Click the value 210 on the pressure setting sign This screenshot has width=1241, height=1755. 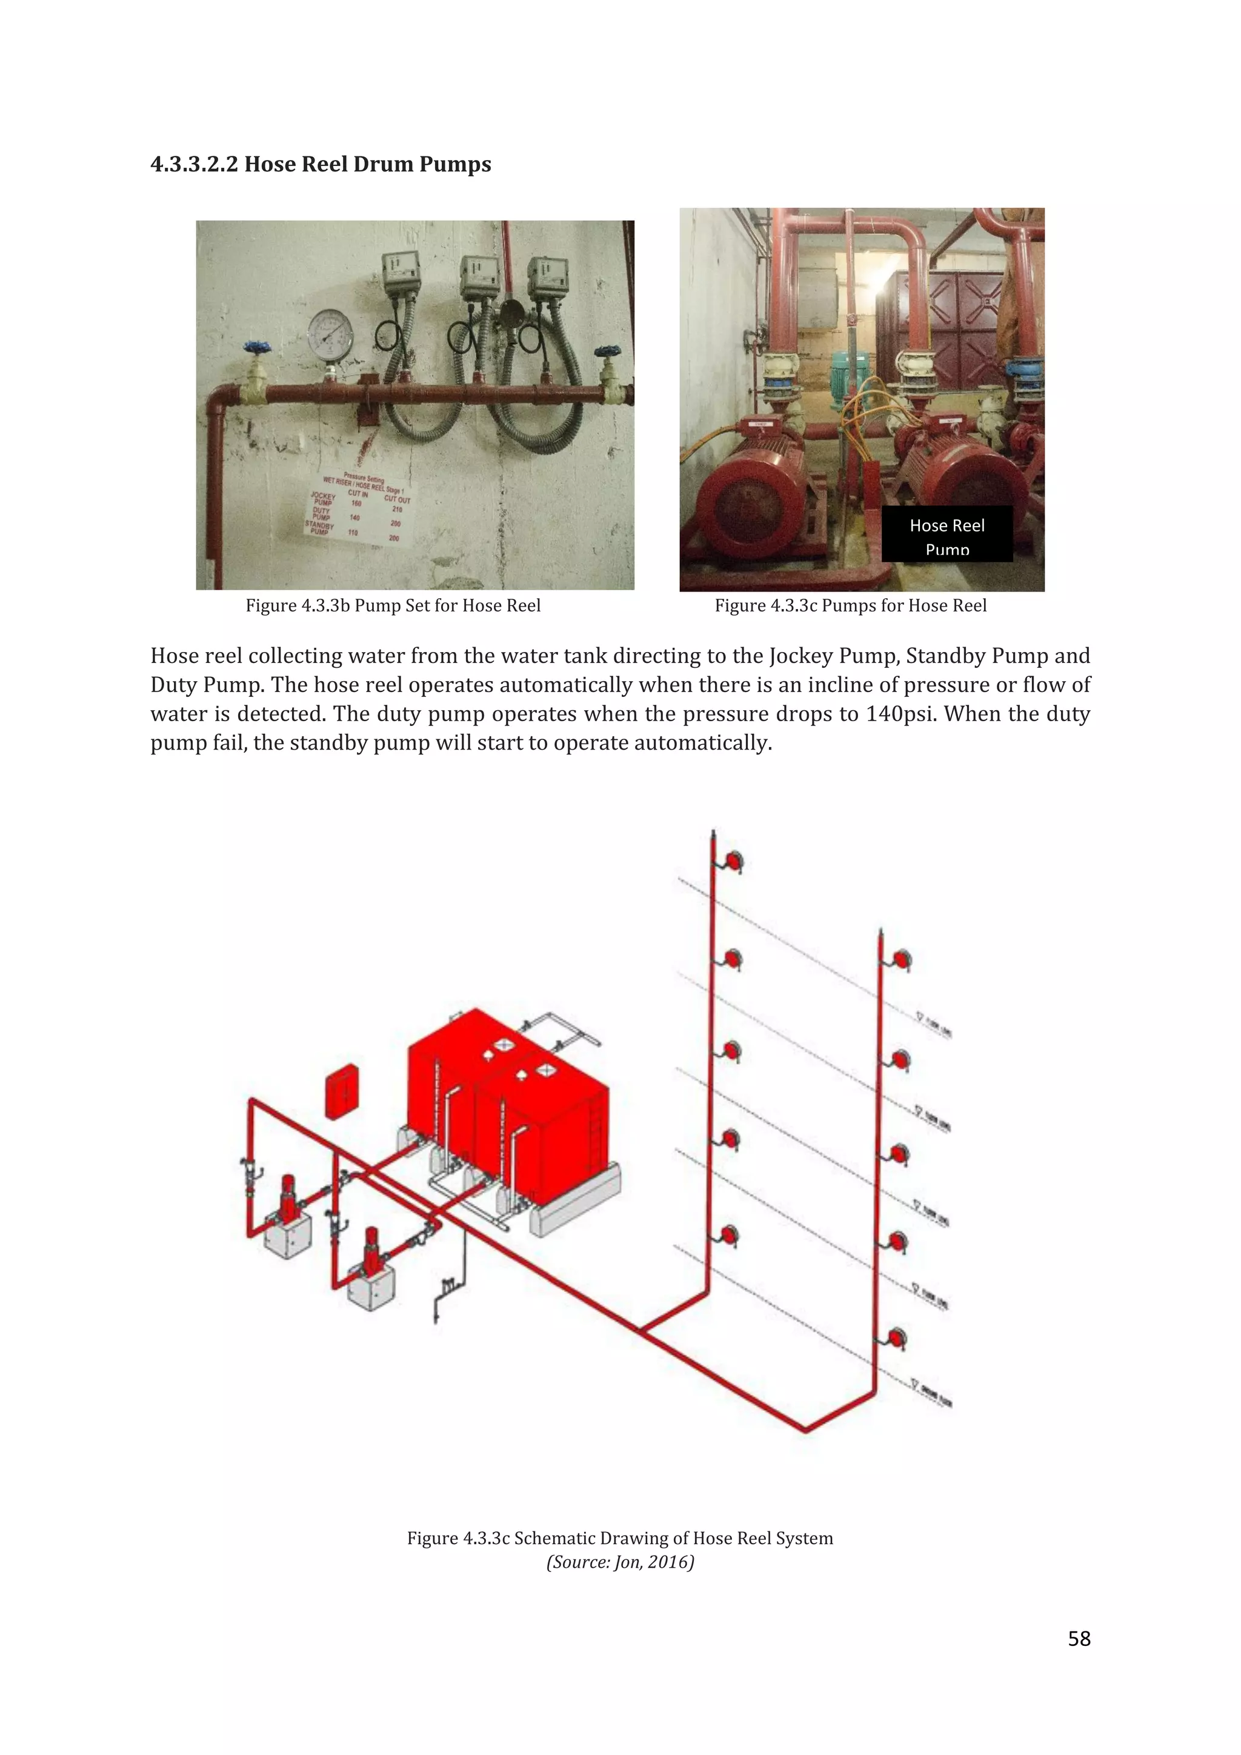click(398, 509)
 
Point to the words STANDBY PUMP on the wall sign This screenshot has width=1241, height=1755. click(320, 527)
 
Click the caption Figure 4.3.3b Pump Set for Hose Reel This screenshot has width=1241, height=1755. click(393, 606)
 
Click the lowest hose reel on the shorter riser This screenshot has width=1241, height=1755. click(899, 1339)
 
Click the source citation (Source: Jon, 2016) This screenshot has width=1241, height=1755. click(620, 1562)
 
